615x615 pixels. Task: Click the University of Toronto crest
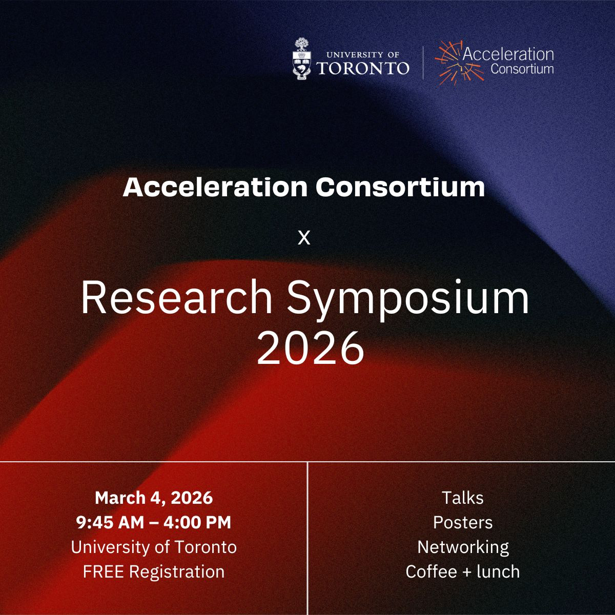point(301,59)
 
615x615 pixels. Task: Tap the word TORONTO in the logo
point(362,68)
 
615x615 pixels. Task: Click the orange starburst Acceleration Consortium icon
point(459,63)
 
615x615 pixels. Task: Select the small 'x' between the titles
point(304,238)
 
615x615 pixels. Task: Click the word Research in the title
point(177,297)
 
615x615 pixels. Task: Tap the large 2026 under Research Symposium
point(311,347)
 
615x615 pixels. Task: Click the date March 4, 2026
point(154,498)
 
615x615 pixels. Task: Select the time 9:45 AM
point(110,522)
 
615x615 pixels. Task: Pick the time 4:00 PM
point(197,522)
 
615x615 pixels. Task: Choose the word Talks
point(463,498)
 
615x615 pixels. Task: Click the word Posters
point(463,523)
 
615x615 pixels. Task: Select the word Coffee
point(431,571)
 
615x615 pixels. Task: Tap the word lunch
point(498,571)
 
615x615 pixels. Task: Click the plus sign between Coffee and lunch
point(466,572)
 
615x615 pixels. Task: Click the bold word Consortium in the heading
point(400,187)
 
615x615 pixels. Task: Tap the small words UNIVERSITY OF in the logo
point(363,55)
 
